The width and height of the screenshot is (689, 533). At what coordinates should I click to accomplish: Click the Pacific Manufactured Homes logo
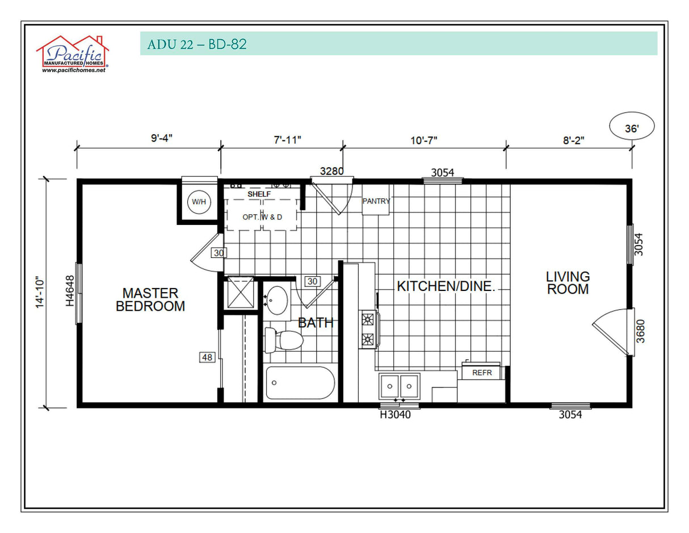(73, 54)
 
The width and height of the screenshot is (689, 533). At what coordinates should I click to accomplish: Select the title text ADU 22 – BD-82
(196, 44)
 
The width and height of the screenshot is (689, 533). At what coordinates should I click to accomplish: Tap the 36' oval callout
(632, 128)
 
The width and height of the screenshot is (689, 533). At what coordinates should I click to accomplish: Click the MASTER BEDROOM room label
(150, 299)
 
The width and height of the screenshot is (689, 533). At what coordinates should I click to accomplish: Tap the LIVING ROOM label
(568, 282)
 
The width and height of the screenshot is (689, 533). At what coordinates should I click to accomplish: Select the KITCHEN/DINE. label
(446, 286)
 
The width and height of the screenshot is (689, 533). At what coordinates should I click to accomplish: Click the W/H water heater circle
(199, 202)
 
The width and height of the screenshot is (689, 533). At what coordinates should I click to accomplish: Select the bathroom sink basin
(277, 299)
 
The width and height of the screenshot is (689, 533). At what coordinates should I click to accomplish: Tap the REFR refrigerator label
(481, 373)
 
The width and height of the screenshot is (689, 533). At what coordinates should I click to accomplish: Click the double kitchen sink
(400, 386)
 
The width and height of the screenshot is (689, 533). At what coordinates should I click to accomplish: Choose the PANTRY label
(376, 201)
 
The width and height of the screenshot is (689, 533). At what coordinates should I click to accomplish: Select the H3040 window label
(395, 415)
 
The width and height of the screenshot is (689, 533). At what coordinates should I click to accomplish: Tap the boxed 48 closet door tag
(207, 357)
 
